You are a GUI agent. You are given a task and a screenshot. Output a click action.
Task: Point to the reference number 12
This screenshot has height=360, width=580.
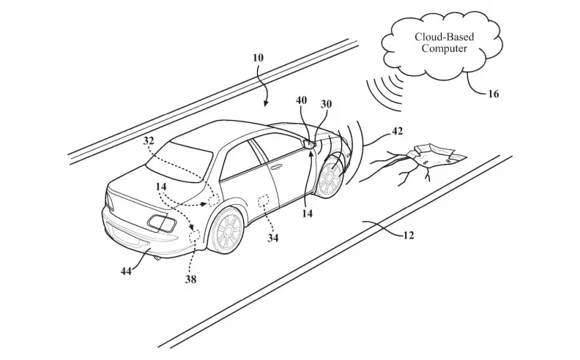tap(409, 236)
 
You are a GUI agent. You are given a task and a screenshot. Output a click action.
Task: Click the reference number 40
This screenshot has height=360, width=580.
tap(302, 100)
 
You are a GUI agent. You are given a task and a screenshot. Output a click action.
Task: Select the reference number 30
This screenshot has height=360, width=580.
tap(326, 104)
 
